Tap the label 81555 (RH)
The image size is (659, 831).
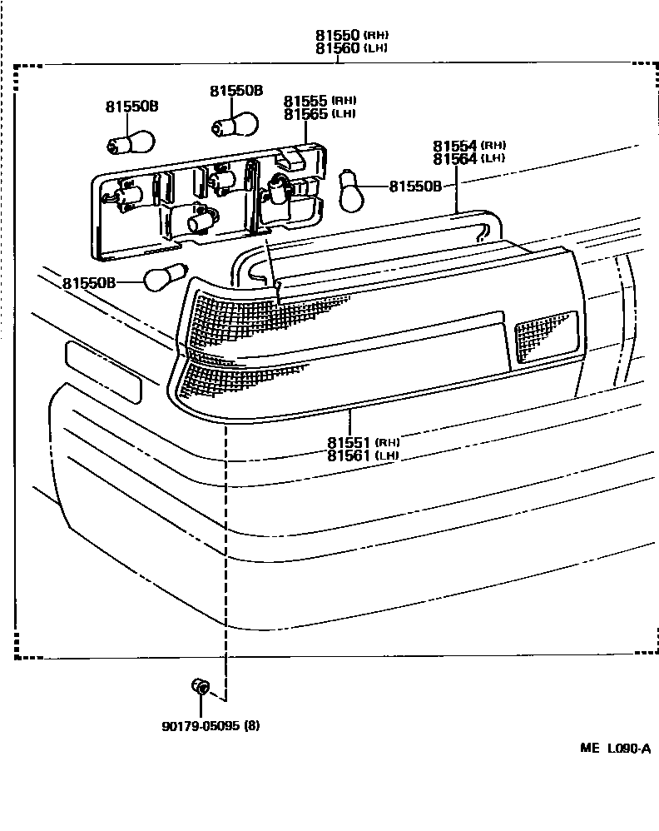pyautogui.click(x=319, y=100)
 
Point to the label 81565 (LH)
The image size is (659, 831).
pyautogui.click(x=319, y=114)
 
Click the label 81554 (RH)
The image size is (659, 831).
pyautogui.click(x=469, y=145)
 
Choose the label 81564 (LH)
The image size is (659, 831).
pyautogui.click(x=469, y=158)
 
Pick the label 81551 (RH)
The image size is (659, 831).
pyautogui.click(x=363, y=441)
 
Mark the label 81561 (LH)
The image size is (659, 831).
pyautogui.click(x=363, y=455)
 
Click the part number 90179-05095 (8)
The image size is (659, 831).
pyautogui.click(x=211, y=724)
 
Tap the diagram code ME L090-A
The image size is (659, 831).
pyautogui.click(x=616, y=749)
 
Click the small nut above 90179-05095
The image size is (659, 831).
pyautogui.click(x=201, y=687)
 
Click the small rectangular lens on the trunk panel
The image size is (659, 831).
pyautogui.click(x=546, y=336)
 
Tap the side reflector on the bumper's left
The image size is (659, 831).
pyautogui.click(x=103, y=371)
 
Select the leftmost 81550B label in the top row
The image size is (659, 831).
pyautogui.click(x=131, y=107)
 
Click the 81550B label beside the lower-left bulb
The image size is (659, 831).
pyautogui.click(x=88, y=283)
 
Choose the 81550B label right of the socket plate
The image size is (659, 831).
pyautogui.click(x=415, y=187)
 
